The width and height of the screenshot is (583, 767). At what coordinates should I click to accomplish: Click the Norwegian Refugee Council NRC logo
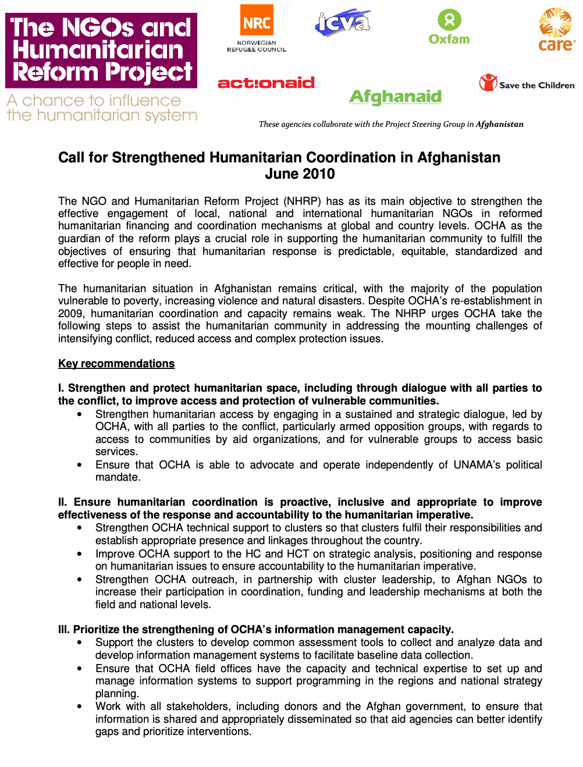pos(257,28)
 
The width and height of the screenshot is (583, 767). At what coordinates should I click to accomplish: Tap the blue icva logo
pos(343,23)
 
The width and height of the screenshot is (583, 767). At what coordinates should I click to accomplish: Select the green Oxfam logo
pos(449,27)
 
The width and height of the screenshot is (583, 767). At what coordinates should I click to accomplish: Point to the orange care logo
pos(556,30)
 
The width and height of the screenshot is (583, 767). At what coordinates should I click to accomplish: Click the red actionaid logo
pos(266,83)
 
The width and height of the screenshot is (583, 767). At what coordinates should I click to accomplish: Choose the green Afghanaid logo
pos(395,97)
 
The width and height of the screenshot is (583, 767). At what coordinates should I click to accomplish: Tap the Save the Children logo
pos(527,84)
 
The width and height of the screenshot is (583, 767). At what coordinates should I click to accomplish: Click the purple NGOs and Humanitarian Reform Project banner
pos(101,51)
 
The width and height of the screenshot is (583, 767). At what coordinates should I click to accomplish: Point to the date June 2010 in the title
pos(300,174)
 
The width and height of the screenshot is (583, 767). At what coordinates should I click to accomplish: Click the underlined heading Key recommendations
pos(116,364)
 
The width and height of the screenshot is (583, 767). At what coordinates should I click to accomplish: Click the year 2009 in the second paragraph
pos(71,314)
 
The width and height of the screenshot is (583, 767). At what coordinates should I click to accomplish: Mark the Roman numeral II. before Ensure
pos(62,502)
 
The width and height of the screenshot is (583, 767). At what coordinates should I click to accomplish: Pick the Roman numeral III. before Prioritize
pos(64,630)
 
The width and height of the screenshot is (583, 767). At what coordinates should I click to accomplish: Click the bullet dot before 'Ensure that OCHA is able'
pos(80,465)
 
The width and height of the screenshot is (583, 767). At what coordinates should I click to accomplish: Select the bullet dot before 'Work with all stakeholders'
pos(80,706)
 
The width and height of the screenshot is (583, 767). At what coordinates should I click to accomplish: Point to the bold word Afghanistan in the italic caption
pos(499,124)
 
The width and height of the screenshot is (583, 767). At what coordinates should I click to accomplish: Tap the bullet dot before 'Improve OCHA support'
pos(80,554)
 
